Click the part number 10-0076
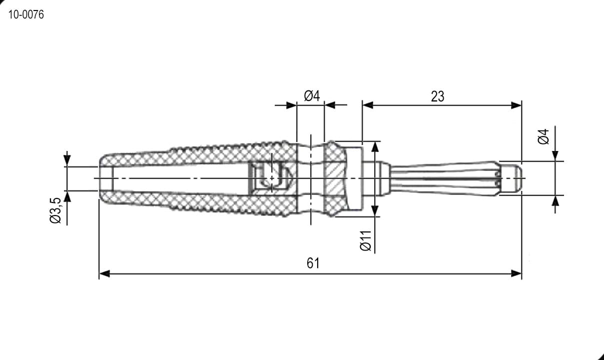26,14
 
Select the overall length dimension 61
313,263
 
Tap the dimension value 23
437,96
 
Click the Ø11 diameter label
366,240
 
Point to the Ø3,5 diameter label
56,210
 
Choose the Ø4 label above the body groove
312,96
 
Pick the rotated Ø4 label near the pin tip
544,136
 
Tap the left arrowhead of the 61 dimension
104,273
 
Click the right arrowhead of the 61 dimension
517,273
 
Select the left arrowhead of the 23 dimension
368,105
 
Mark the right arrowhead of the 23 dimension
517,105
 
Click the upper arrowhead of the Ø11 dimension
375,147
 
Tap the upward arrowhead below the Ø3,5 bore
67,196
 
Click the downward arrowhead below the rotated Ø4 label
555,155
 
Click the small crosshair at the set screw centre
272,178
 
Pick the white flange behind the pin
354,178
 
